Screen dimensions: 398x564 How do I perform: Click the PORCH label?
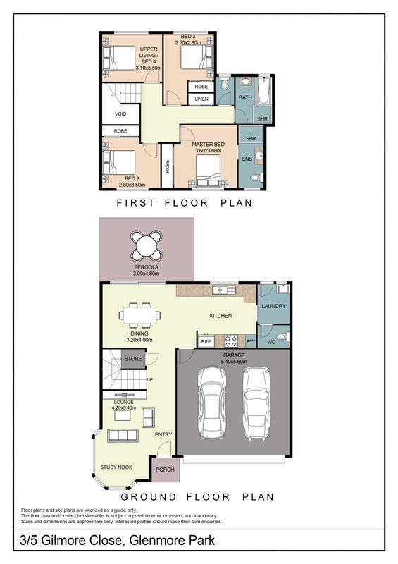coord(165,470)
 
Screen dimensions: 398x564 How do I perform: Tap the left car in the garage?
coord(212,402)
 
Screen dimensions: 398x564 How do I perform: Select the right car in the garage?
coord(256,403)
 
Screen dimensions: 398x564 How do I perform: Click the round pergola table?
coord(147,246)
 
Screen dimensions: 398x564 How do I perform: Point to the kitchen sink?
coord(223,290)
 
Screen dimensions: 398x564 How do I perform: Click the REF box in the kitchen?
coord(206,341)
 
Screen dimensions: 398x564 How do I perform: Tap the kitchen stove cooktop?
coord(230,341)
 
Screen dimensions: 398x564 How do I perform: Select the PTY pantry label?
coord(251,341)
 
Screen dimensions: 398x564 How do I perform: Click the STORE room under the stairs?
coord(133,359)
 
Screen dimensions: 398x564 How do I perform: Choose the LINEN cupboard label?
coord(201,99)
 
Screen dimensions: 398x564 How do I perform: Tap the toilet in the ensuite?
coord(257,178)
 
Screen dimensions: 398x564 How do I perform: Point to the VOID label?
coord(120,114)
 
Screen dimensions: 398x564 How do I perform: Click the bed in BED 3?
coord(195,56)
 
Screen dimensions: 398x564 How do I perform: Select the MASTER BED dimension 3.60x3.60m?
coord(209,150)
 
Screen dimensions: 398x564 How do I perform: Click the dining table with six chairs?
coord(139,315)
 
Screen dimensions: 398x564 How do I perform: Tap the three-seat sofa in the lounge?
coord(123,435)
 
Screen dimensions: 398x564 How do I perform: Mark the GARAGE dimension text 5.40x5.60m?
coord(234,361)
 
